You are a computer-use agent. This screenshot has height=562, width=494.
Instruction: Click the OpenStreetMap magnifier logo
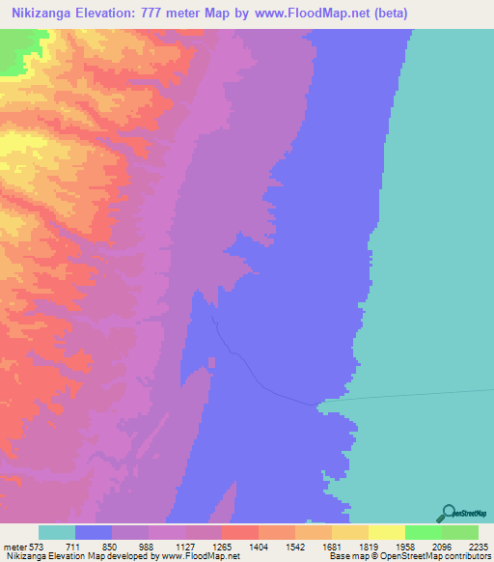tap(448, 513)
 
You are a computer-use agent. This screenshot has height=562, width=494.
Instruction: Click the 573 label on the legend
tap(38, 546)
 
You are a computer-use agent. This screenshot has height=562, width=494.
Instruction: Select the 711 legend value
tap(76, 546)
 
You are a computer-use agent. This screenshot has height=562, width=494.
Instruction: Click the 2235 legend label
tap(477, 546)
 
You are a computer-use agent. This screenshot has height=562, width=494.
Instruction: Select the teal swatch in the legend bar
tap(57, 532)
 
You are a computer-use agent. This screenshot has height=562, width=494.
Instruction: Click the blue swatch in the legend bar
tap(94, 532)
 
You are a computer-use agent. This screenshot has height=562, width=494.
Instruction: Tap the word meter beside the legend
tap(14, 546)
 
